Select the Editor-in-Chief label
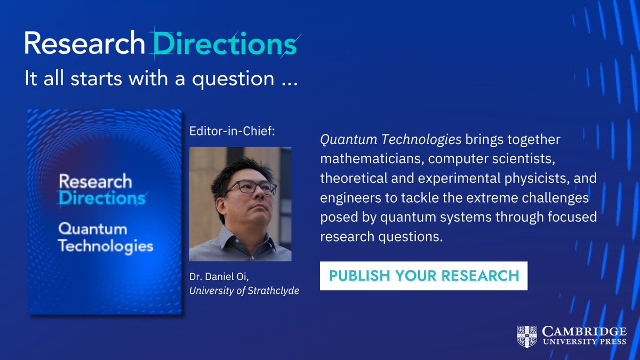232,132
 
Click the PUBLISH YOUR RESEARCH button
423,276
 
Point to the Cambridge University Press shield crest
527,336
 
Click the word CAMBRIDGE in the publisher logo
584,331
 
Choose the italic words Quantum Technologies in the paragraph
390,140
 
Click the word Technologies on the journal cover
106,246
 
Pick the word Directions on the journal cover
101,198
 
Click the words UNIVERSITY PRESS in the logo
584,342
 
